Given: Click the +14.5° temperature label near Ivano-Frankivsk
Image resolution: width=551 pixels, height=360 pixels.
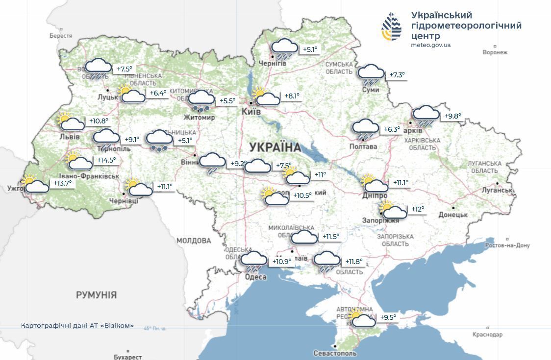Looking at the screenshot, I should pyautogui.click(x=107, y=160).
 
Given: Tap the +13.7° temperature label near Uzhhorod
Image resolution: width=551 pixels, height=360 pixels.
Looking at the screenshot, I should pyautogui.click(x=62, y=183).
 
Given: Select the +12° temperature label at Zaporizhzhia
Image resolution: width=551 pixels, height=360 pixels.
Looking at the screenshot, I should pyautogui.click(x=418, y=209).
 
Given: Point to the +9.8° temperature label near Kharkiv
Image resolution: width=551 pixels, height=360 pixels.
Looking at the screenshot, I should pyautogui.click(x=452, y=116).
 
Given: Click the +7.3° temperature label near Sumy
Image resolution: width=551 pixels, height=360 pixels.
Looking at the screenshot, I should pyautogui.click(x=397, y=75).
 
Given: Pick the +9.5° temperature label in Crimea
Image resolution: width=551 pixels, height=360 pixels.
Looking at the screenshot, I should pyautogui.click(x=388, y=317).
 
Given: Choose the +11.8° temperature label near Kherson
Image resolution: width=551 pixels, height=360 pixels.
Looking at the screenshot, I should pyautogui.click(x=354, y=262).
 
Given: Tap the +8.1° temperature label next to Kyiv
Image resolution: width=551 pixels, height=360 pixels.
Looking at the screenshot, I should pyautogui.click(x=292, y=96).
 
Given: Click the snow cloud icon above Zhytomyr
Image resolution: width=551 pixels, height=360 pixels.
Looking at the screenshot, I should pyautogui.click(x=201, y=100).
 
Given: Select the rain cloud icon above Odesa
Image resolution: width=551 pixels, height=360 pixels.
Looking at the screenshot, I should pyautogui.click(x=254, y=262).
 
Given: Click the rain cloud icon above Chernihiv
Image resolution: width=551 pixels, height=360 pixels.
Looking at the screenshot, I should pyautogui.click(x=284, y=48).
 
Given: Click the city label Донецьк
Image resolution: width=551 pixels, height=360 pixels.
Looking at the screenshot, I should pyautogui.click(x=453, y=215).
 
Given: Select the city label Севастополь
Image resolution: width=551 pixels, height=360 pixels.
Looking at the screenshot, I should pyautogui.click(x=335, y=353).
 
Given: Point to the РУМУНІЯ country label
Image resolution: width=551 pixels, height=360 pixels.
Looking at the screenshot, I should pyautogui.click(x=97, y=295).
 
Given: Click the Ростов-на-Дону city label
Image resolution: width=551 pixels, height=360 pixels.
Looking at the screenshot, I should pyautogui.click(x=507, y=245).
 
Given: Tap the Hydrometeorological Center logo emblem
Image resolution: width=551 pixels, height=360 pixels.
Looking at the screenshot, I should pyautogui.click(x=392, y=27).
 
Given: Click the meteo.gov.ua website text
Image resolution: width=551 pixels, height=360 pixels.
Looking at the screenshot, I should pyautogui.click(x=430, y=45).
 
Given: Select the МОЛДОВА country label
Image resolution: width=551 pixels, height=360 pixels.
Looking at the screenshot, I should pyautogui.click(x=194, y=240).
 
